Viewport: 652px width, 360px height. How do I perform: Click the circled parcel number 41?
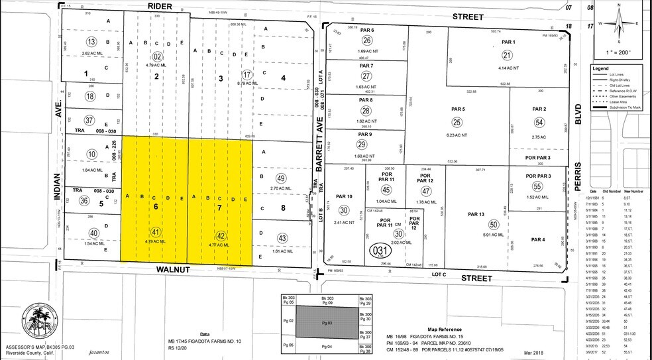(156, 232)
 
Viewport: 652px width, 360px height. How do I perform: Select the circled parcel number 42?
(221, 235)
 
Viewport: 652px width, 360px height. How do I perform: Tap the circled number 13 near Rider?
(101, 41)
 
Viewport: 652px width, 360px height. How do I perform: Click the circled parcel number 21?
(508, 56)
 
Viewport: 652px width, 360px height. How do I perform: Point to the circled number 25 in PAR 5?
(457, 122)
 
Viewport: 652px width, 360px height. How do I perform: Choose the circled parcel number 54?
(539, 123)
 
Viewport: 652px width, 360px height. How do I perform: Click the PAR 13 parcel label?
(476, 214)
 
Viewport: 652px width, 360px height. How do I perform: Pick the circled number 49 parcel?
(281, 178)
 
